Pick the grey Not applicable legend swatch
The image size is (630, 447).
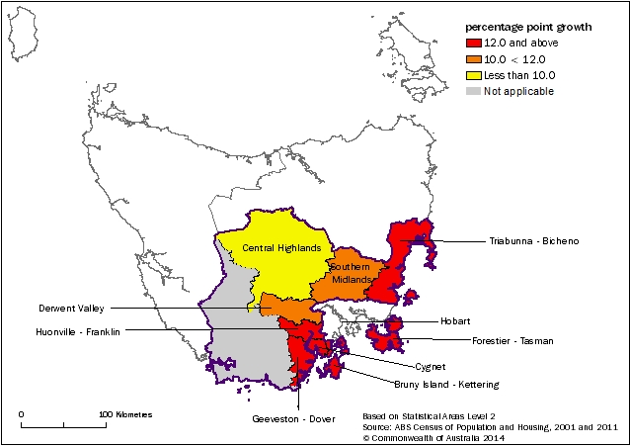point(475,90)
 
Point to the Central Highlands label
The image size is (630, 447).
point(273,247)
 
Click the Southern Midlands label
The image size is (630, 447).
point(351,273)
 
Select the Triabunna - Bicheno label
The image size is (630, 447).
point(532,240)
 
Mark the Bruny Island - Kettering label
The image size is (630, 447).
point(453,384)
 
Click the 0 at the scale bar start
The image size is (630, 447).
point(22,414)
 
